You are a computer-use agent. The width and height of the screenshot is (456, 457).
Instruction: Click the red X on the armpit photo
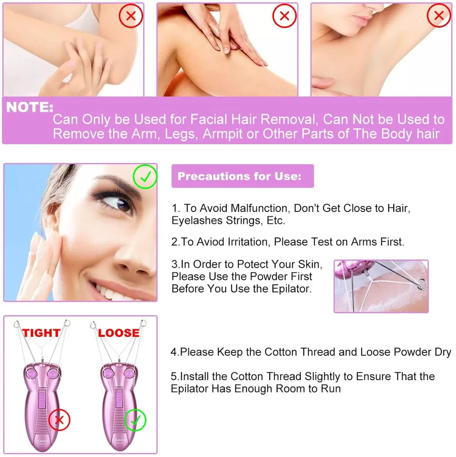(439, 16)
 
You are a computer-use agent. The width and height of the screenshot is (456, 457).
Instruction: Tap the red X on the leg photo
(284, 16)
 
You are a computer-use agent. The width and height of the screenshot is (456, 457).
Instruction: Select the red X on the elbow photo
(131, 16)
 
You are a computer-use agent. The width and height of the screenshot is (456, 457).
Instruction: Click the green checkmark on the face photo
(145, 176)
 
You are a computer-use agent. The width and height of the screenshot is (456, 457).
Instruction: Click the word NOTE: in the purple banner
(30, 107)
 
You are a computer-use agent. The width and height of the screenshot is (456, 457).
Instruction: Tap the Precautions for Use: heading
(239, 176)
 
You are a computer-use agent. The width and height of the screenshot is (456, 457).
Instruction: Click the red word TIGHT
(41, 332)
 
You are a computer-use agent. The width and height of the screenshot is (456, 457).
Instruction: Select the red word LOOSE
(119, 332)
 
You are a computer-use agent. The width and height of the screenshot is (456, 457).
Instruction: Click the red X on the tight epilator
(59, 420)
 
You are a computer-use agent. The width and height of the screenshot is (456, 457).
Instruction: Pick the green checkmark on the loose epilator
(135, 420)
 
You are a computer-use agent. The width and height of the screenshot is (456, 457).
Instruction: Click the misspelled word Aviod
(211, 242)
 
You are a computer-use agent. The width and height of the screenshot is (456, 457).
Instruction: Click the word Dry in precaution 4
(443, 353)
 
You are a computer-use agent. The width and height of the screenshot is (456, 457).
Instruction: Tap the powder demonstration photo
(381, 286)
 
